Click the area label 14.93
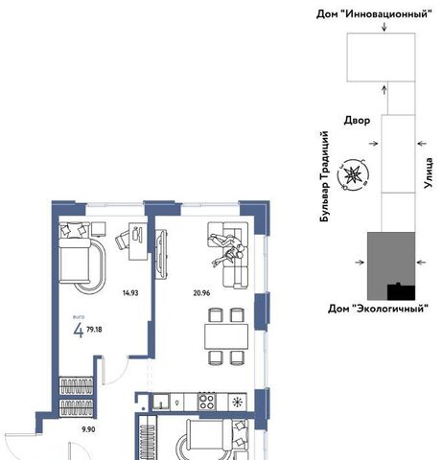coord(130,292)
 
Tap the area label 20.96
coord(201,292)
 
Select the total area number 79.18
coord(94,330)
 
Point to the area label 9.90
coord(88,429)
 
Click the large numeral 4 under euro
coord(79,331)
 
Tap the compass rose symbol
coord(353,174)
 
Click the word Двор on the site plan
coord(357,121)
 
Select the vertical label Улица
coord(429,172)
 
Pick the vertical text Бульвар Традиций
coord(324,176)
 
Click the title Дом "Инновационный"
coord(374,14)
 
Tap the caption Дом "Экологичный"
coord(378,309)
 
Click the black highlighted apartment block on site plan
coord(401,292)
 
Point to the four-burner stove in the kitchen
coord(207,402)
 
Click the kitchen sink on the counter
coord(161,402)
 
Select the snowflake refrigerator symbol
coord(237,402)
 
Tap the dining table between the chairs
coord(226,336)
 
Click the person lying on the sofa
coord(228,250)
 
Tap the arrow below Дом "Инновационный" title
coord(385,27)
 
